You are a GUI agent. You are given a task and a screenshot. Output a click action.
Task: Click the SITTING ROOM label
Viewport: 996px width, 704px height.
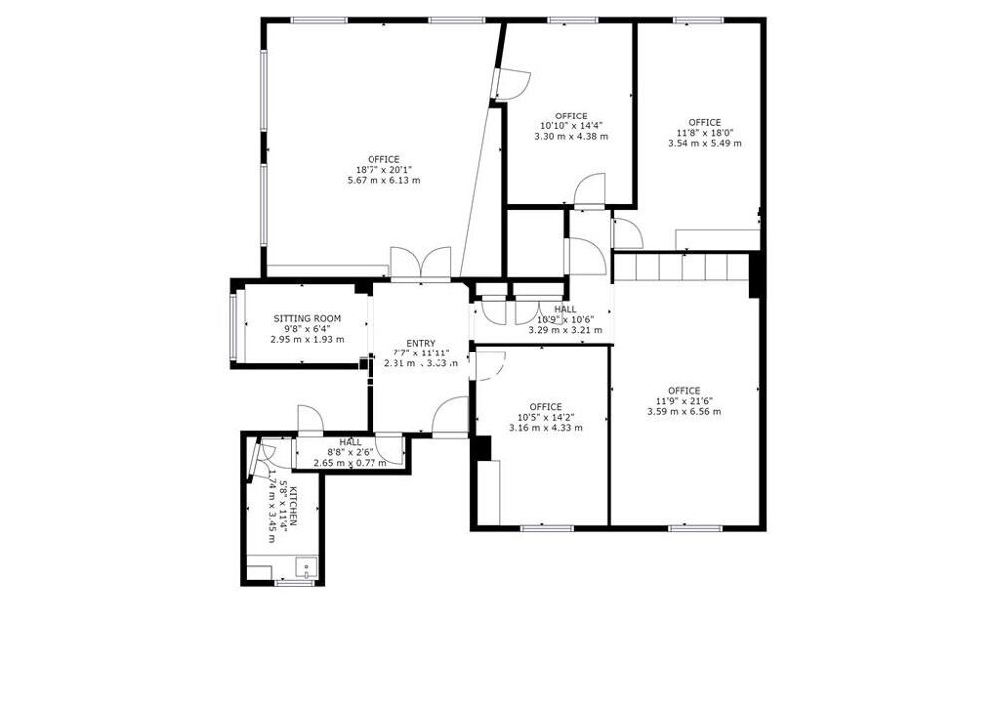pyautogui.click(x=307, y=319)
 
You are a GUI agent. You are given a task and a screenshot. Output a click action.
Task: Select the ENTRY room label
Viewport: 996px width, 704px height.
pyautogui.click(x=420, y=343)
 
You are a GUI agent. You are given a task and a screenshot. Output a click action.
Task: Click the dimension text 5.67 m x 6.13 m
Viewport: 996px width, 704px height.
pyautogui.click(x=383, y=181)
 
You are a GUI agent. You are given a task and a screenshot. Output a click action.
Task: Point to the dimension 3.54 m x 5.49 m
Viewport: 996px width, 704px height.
pyautogui.click(x=704, y=143)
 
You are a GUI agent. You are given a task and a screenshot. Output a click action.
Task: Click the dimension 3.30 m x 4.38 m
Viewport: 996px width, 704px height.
pyautogui.click(x=571, y=136)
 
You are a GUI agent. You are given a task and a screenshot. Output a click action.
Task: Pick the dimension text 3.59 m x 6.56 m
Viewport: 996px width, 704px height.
pyautogui.click(x=684, y=411)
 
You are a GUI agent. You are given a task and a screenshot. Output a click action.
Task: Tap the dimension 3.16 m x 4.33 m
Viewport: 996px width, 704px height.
pyautogui.click(x=545, y=427)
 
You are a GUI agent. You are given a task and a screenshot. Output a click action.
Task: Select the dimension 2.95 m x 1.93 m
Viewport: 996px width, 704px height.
pyautogui.click(x=307, y=339)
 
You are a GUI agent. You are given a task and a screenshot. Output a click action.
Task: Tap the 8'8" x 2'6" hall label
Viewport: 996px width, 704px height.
pyautogui.click(x=350, y=442)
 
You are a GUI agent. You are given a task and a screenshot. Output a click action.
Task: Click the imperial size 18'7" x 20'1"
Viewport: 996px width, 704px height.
pyautogui.click(x=383, y=170)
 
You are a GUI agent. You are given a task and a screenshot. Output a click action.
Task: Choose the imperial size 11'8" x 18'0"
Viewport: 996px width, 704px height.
pyautogui.click(x=704, y=133)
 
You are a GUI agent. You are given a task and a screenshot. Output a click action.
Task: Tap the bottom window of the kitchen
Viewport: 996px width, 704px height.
pyautogui.click(x=288, y=584)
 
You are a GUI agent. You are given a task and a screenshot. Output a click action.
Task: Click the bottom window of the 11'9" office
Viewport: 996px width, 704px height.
pyautogui.click(x=688, y=527)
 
